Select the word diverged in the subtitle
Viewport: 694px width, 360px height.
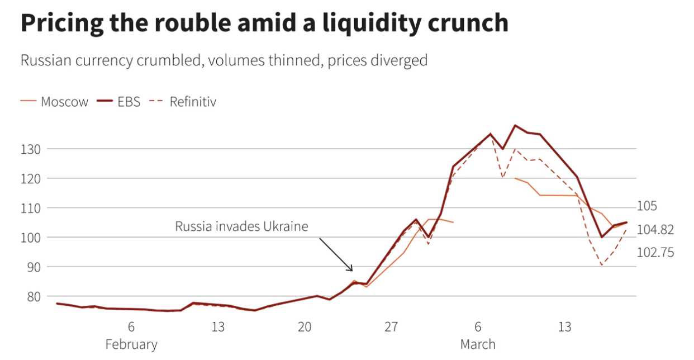[399, 60]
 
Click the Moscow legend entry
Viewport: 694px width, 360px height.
[64, 102]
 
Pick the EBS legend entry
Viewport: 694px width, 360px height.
[128, 102]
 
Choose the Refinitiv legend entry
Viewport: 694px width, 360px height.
[192, 102]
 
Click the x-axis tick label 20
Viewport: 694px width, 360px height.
[305, 327]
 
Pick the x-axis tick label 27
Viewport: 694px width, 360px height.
[391, 327]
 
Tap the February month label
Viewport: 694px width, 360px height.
[131, 344]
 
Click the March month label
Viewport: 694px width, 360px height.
[478, 344]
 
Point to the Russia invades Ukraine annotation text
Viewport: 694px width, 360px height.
[241, 226]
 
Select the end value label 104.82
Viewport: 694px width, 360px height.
[655, 230]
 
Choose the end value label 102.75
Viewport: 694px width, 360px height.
[655, 253]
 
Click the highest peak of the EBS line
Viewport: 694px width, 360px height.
[515, 125]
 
